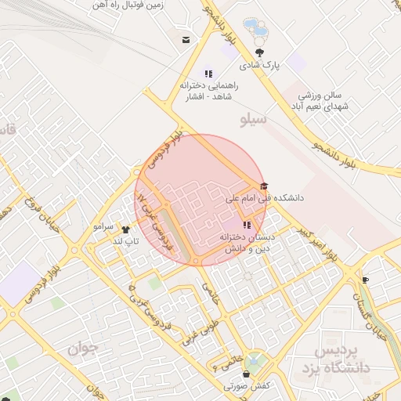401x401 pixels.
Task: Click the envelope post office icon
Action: click(186, 40)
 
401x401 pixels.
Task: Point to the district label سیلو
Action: click(253, 120)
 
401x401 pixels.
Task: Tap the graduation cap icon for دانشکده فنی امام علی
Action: click(263, 186)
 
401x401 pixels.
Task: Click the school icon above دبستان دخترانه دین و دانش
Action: click(247, 225)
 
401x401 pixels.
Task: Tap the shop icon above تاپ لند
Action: click(125, 229)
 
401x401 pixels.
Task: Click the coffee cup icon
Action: click(365, 280)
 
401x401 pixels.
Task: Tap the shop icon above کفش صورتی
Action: click(246, 374)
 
